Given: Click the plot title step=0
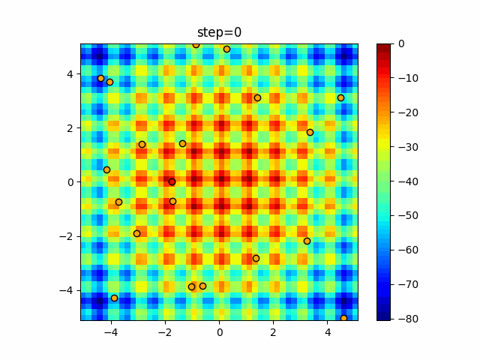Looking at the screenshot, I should point(219,32).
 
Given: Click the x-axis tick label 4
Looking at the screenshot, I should point(328,331).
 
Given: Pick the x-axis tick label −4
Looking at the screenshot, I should point(111,331).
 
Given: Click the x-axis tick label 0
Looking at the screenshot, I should point(220,331).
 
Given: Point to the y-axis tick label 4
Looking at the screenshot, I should point(70,73).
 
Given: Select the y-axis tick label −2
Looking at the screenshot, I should point(67,236).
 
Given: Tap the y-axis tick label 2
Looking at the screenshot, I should point(70,127).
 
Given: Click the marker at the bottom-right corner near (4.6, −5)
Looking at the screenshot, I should point(343,318).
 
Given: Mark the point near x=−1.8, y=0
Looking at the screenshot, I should point(172,181).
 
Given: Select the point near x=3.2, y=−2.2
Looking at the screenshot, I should point(307,241).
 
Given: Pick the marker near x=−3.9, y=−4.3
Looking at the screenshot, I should point(114,298).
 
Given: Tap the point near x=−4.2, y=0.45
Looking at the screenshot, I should point(106,169).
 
